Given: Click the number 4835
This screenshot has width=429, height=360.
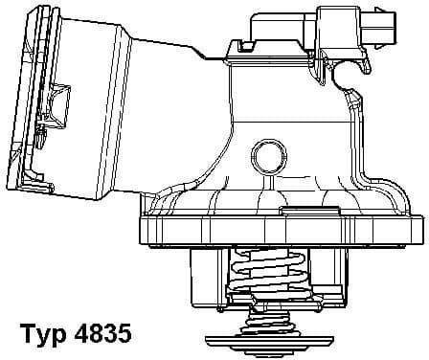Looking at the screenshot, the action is click(x=102, y=333).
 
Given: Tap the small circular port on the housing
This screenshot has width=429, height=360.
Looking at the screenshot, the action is click(x=269, y=156).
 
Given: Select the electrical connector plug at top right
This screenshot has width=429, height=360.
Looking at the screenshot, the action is click(x=356, y=31).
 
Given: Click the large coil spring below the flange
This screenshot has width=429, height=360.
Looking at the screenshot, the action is click(x=268, y=271).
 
